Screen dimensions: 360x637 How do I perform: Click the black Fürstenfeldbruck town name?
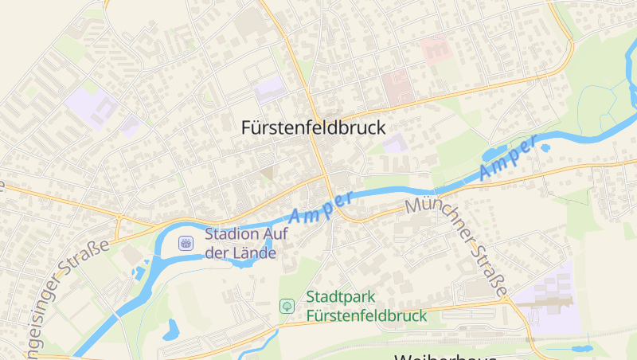[x=313, y=127]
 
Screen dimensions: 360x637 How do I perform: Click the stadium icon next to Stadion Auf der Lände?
[x=186, y=243]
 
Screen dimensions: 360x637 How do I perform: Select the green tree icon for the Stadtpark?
[x=286, y=306]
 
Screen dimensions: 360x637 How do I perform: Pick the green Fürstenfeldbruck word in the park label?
[x=366, y=315]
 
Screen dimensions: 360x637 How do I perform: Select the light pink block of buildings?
[x=436, y=48]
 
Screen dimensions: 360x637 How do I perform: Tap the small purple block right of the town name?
[x=394, y=143]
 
